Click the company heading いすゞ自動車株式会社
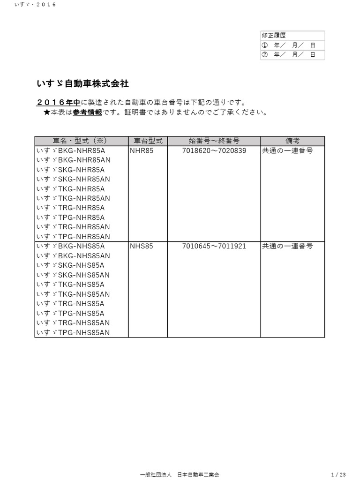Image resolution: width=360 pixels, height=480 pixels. pyautogui.click(x=82, y=84)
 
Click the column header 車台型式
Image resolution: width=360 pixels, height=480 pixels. pyautogui.click(x=148, y=141)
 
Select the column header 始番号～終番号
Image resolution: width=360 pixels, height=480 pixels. pyautogui.click(x=214, y=141)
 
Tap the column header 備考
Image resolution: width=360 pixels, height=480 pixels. pyautogui.click(x=292, y=141)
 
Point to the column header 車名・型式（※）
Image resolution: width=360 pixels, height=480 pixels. pyautogui.click(x=81, y=141)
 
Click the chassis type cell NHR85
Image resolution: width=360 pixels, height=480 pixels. pyautogui.click(x=142, y=151)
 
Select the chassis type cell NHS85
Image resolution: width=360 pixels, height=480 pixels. pyautogui.click(x=142, y=246)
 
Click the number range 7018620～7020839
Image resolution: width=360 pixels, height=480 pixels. pyautogui.click(x=214, y=151)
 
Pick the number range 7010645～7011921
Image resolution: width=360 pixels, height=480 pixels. pyautogui.click(x=214, y=246)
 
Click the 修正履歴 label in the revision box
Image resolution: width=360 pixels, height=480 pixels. pyautogui.click(x=273, y=36)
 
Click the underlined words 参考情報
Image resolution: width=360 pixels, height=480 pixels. pyautogui.click(x=87, y=112)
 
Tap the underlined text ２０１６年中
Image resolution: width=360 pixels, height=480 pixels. pyautogui.click(x=58, y=103)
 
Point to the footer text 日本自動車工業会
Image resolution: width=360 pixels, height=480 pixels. pyautogui.click(x=198, y=474)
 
